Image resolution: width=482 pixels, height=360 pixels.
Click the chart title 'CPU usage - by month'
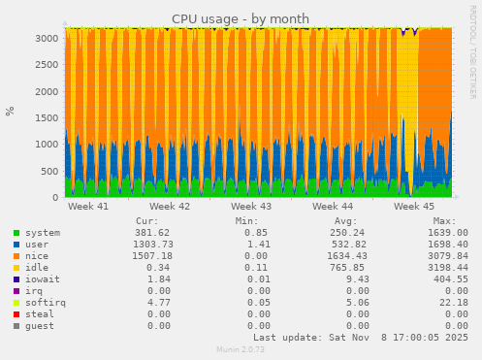241,18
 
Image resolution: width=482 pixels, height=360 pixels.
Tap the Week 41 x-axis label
88,207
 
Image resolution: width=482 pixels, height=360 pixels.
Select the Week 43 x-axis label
251,207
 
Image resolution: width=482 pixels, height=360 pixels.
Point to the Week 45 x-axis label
414,207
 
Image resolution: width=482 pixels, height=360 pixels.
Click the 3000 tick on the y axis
45,38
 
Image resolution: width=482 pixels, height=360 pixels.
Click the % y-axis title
11,111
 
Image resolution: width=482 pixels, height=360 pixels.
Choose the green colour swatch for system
16,234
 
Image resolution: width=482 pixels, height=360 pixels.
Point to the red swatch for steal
16,314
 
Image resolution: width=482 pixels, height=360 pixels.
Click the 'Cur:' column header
148,221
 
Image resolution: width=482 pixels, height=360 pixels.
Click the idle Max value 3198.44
442,268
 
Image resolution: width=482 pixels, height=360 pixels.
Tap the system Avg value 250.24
332,233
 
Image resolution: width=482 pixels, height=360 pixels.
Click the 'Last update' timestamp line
360,338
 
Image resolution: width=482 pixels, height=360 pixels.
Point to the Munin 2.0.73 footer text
241,349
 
